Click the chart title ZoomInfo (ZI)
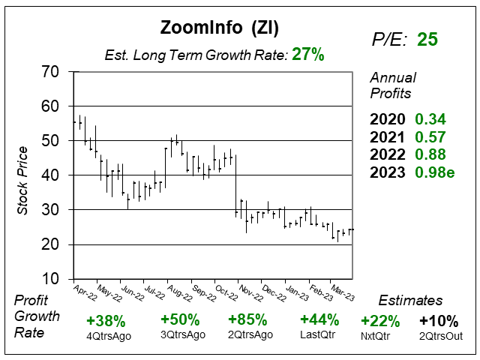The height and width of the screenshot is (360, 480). point(220,28)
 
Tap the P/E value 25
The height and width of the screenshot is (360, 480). point(427,39)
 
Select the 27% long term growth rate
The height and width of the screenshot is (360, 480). point(307,55)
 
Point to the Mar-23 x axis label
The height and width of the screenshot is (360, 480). point(342,290)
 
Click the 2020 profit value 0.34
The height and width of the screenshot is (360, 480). point(430,119)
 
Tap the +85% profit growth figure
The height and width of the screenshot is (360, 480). point(247,319)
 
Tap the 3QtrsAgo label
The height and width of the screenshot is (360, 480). point(179,334)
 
